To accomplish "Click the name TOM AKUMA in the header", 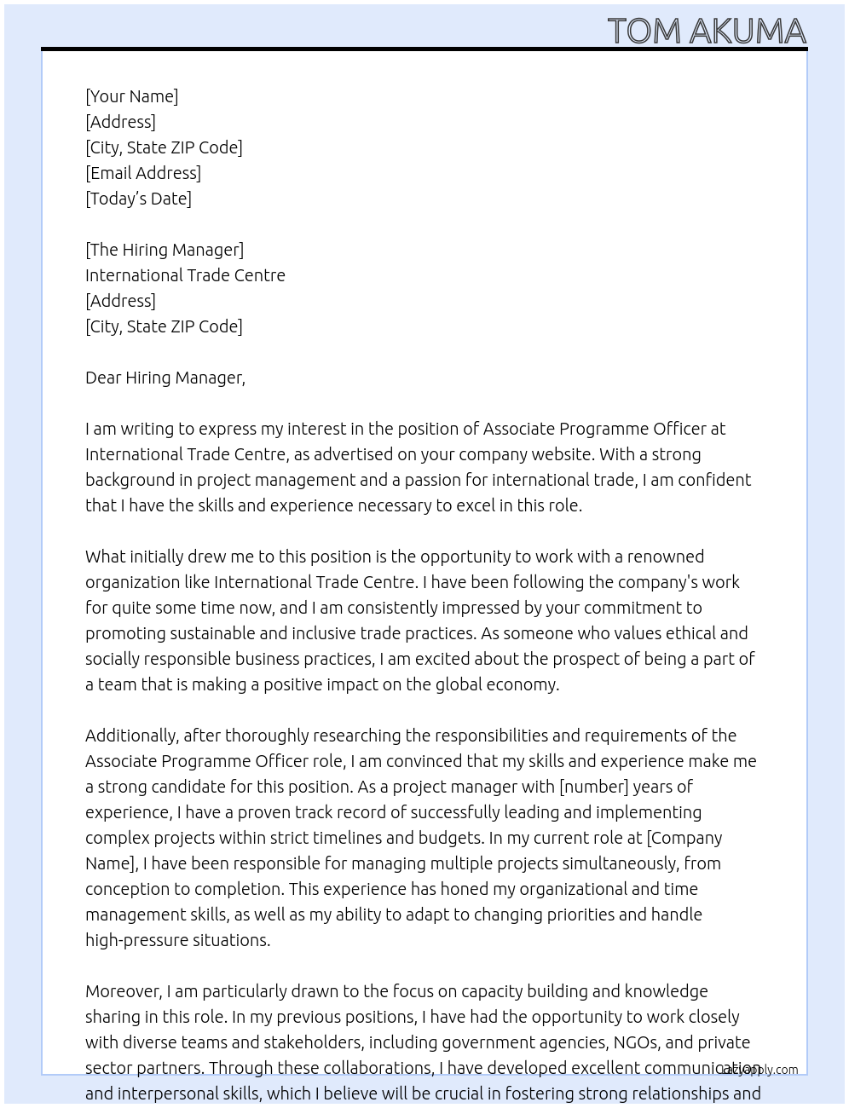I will tap(707, 31).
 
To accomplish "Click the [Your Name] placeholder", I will tap(132, 96).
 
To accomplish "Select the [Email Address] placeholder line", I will tap(143, 173).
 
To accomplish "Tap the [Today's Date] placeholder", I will tap(138, 199).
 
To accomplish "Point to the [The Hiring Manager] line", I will tap(165, 250).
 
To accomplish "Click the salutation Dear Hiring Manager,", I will tap(165, 378).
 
